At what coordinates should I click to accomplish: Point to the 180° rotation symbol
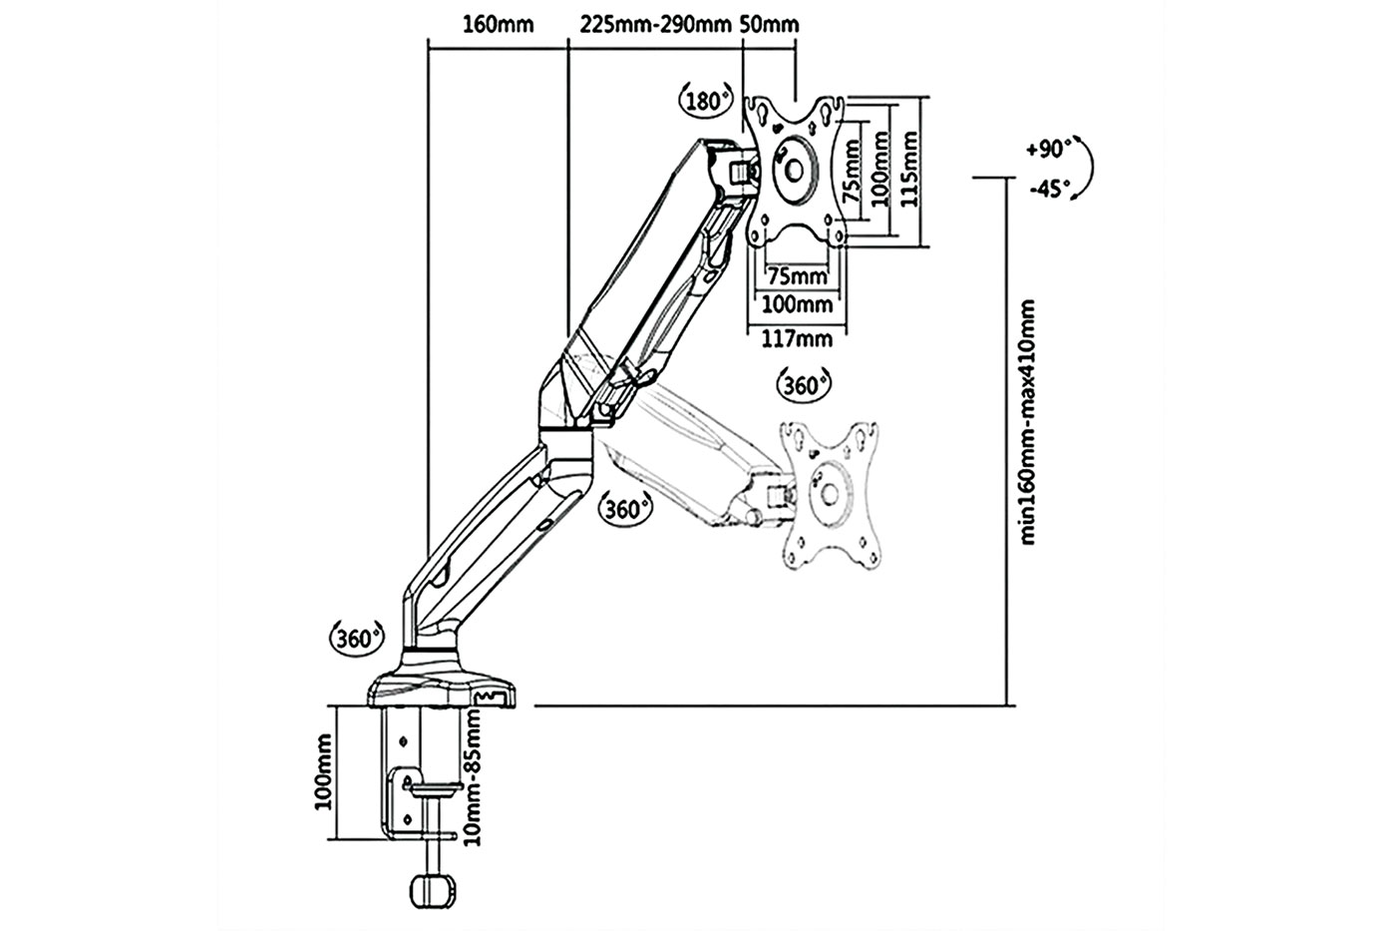point(706,100)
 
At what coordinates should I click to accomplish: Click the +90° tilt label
point(1048,149)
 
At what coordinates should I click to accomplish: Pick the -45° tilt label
point(1049,188)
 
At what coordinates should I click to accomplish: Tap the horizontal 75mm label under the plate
point(797,275)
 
